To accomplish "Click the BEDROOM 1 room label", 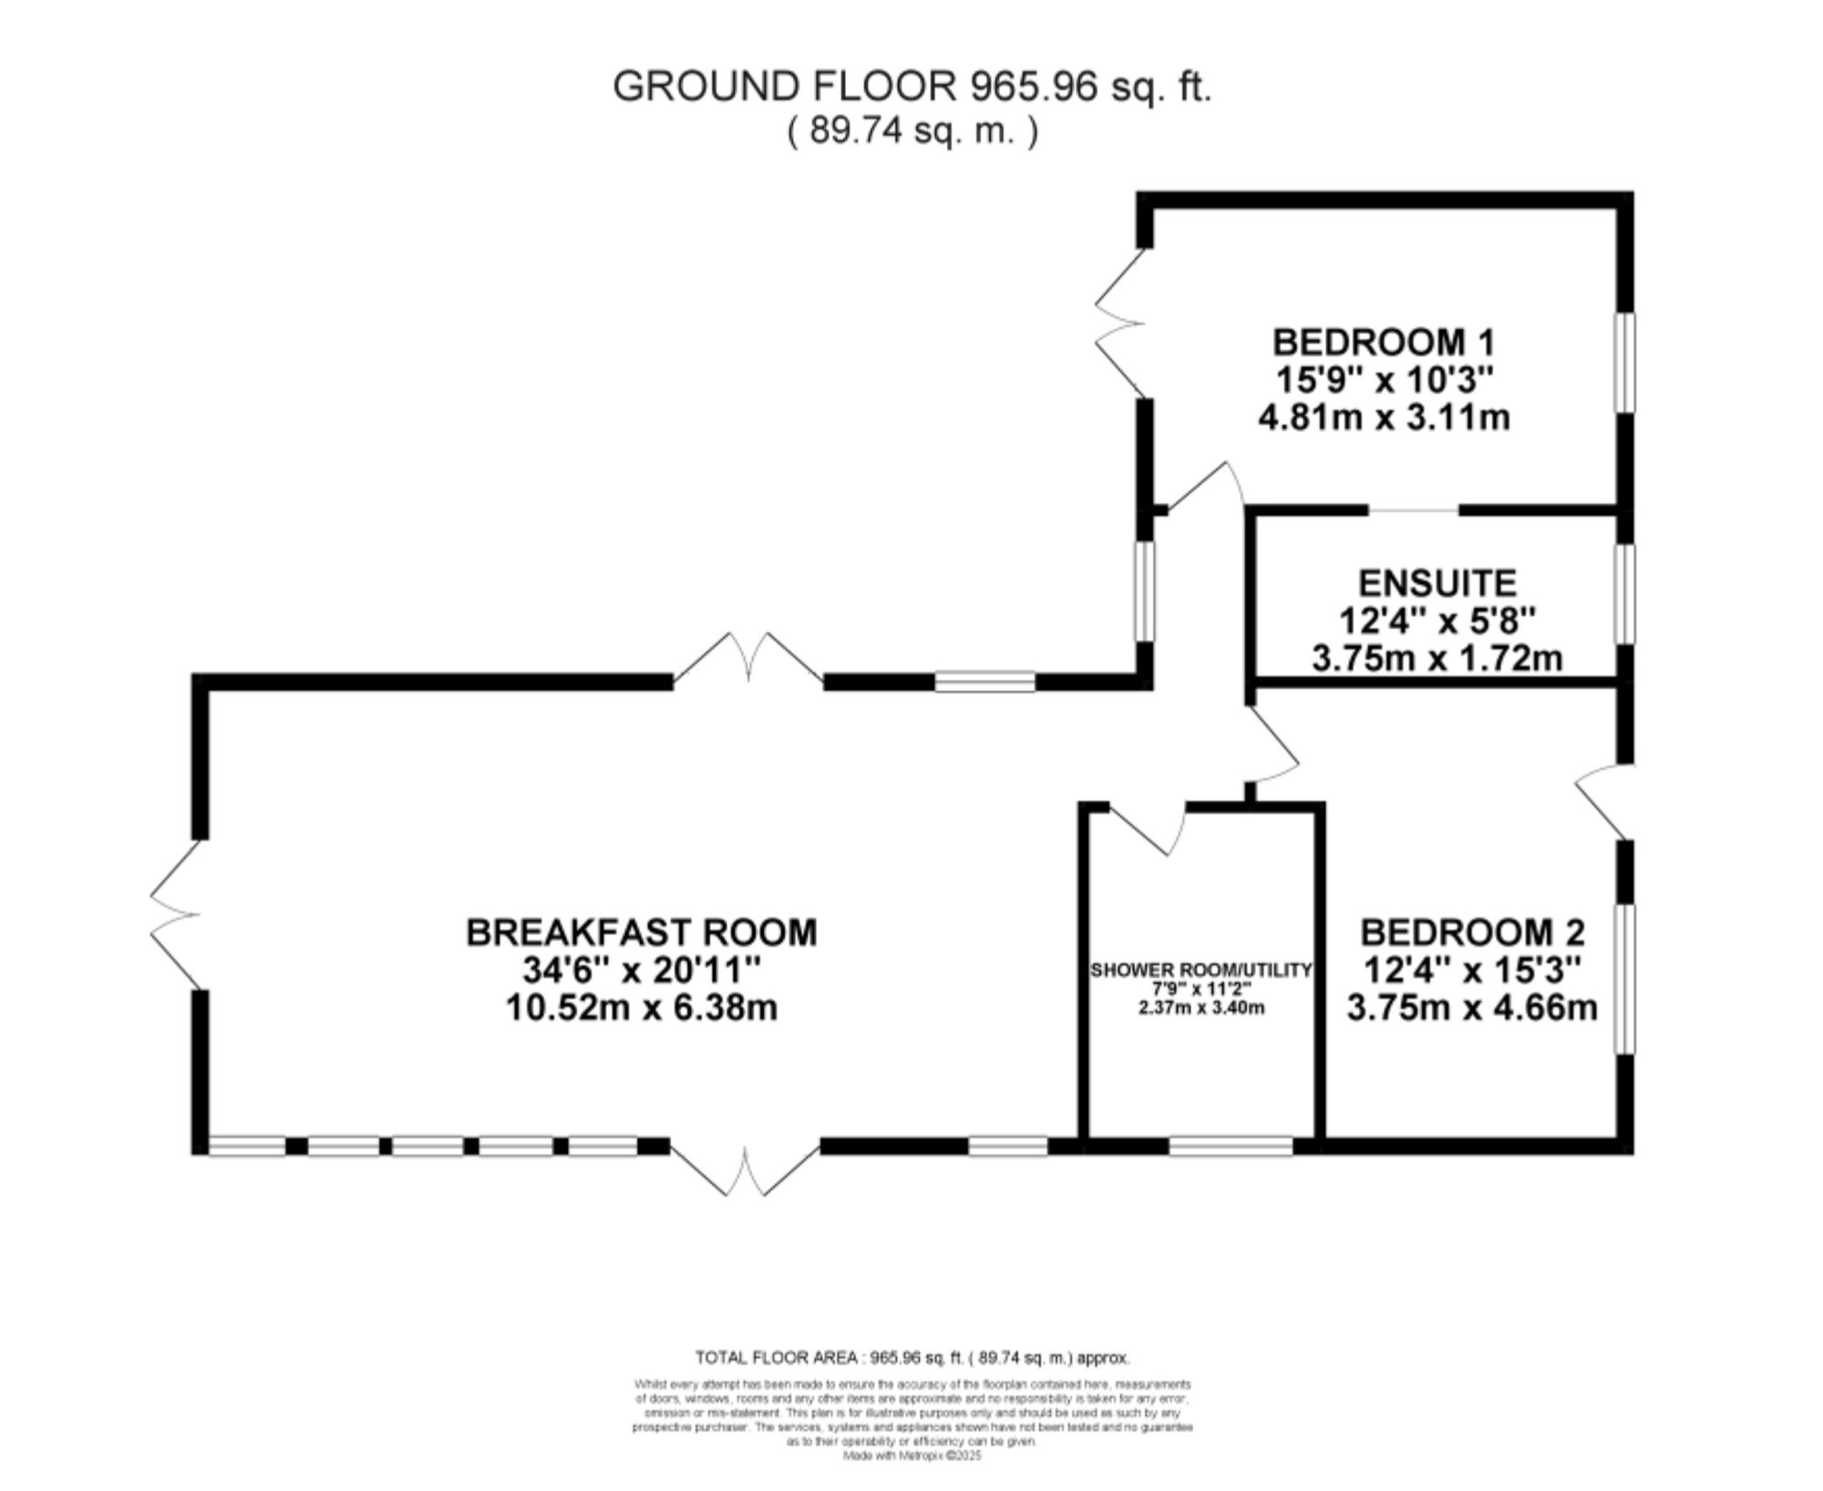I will [x=1383, y=343].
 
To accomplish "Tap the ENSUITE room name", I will [x=1437, y=582].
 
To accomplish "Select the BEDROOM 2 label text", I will [x=1472, y=932].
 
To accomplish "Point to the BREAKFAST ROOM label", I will [x=642, y=932].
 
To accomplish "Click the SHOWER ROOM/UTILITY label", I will [x=1200, y=971].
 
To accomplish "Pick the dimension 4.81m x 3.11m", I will [x=1383, y=417].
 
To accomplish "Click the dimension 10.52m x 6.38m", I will [x=642, y=1008].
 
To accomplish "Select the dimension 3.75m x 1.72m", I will [x=1437, y=657].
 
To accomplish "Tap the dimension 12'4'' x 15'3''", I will [x=1472, y=971].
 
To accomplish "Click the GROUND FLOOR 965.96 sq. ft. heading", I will [x=911, y=87].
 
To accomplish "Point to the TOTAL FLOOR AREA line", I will [x=911, y=1358].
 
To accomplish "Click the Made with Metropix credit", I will [x=911, y=1456].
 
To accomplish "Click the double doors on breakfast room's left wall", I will [x=176, y=913].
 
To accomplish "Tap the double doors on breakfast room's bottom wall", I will [x=747, y=1170].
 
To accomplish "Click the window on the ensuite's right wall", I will [x=1624, y=594].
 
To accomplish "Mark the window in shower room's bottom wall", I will [x=1231, y=1146].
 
